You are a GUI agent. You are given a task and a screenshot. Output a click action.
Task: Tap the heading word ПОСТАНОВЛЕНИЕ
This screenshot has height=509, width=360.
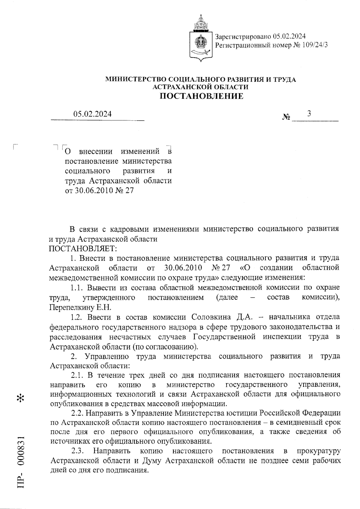[x=201, y=96]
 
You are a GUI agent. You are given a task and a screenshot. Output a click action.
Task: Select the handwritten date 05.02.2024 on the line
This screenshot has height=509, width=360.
[x=92, y=114]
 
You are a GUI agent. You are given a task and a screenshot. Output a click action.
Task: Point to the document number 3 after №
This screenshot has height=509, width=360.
[x=309, y=113]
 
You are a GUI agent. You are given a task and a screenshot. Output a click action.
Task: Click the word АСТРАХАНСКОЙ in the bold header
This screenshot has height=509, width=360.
[x=179, y=87]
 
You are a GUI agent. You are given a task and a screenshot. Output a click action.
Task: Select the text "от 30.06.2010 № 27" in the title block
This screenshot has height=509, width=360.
[x=99, y=191]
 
